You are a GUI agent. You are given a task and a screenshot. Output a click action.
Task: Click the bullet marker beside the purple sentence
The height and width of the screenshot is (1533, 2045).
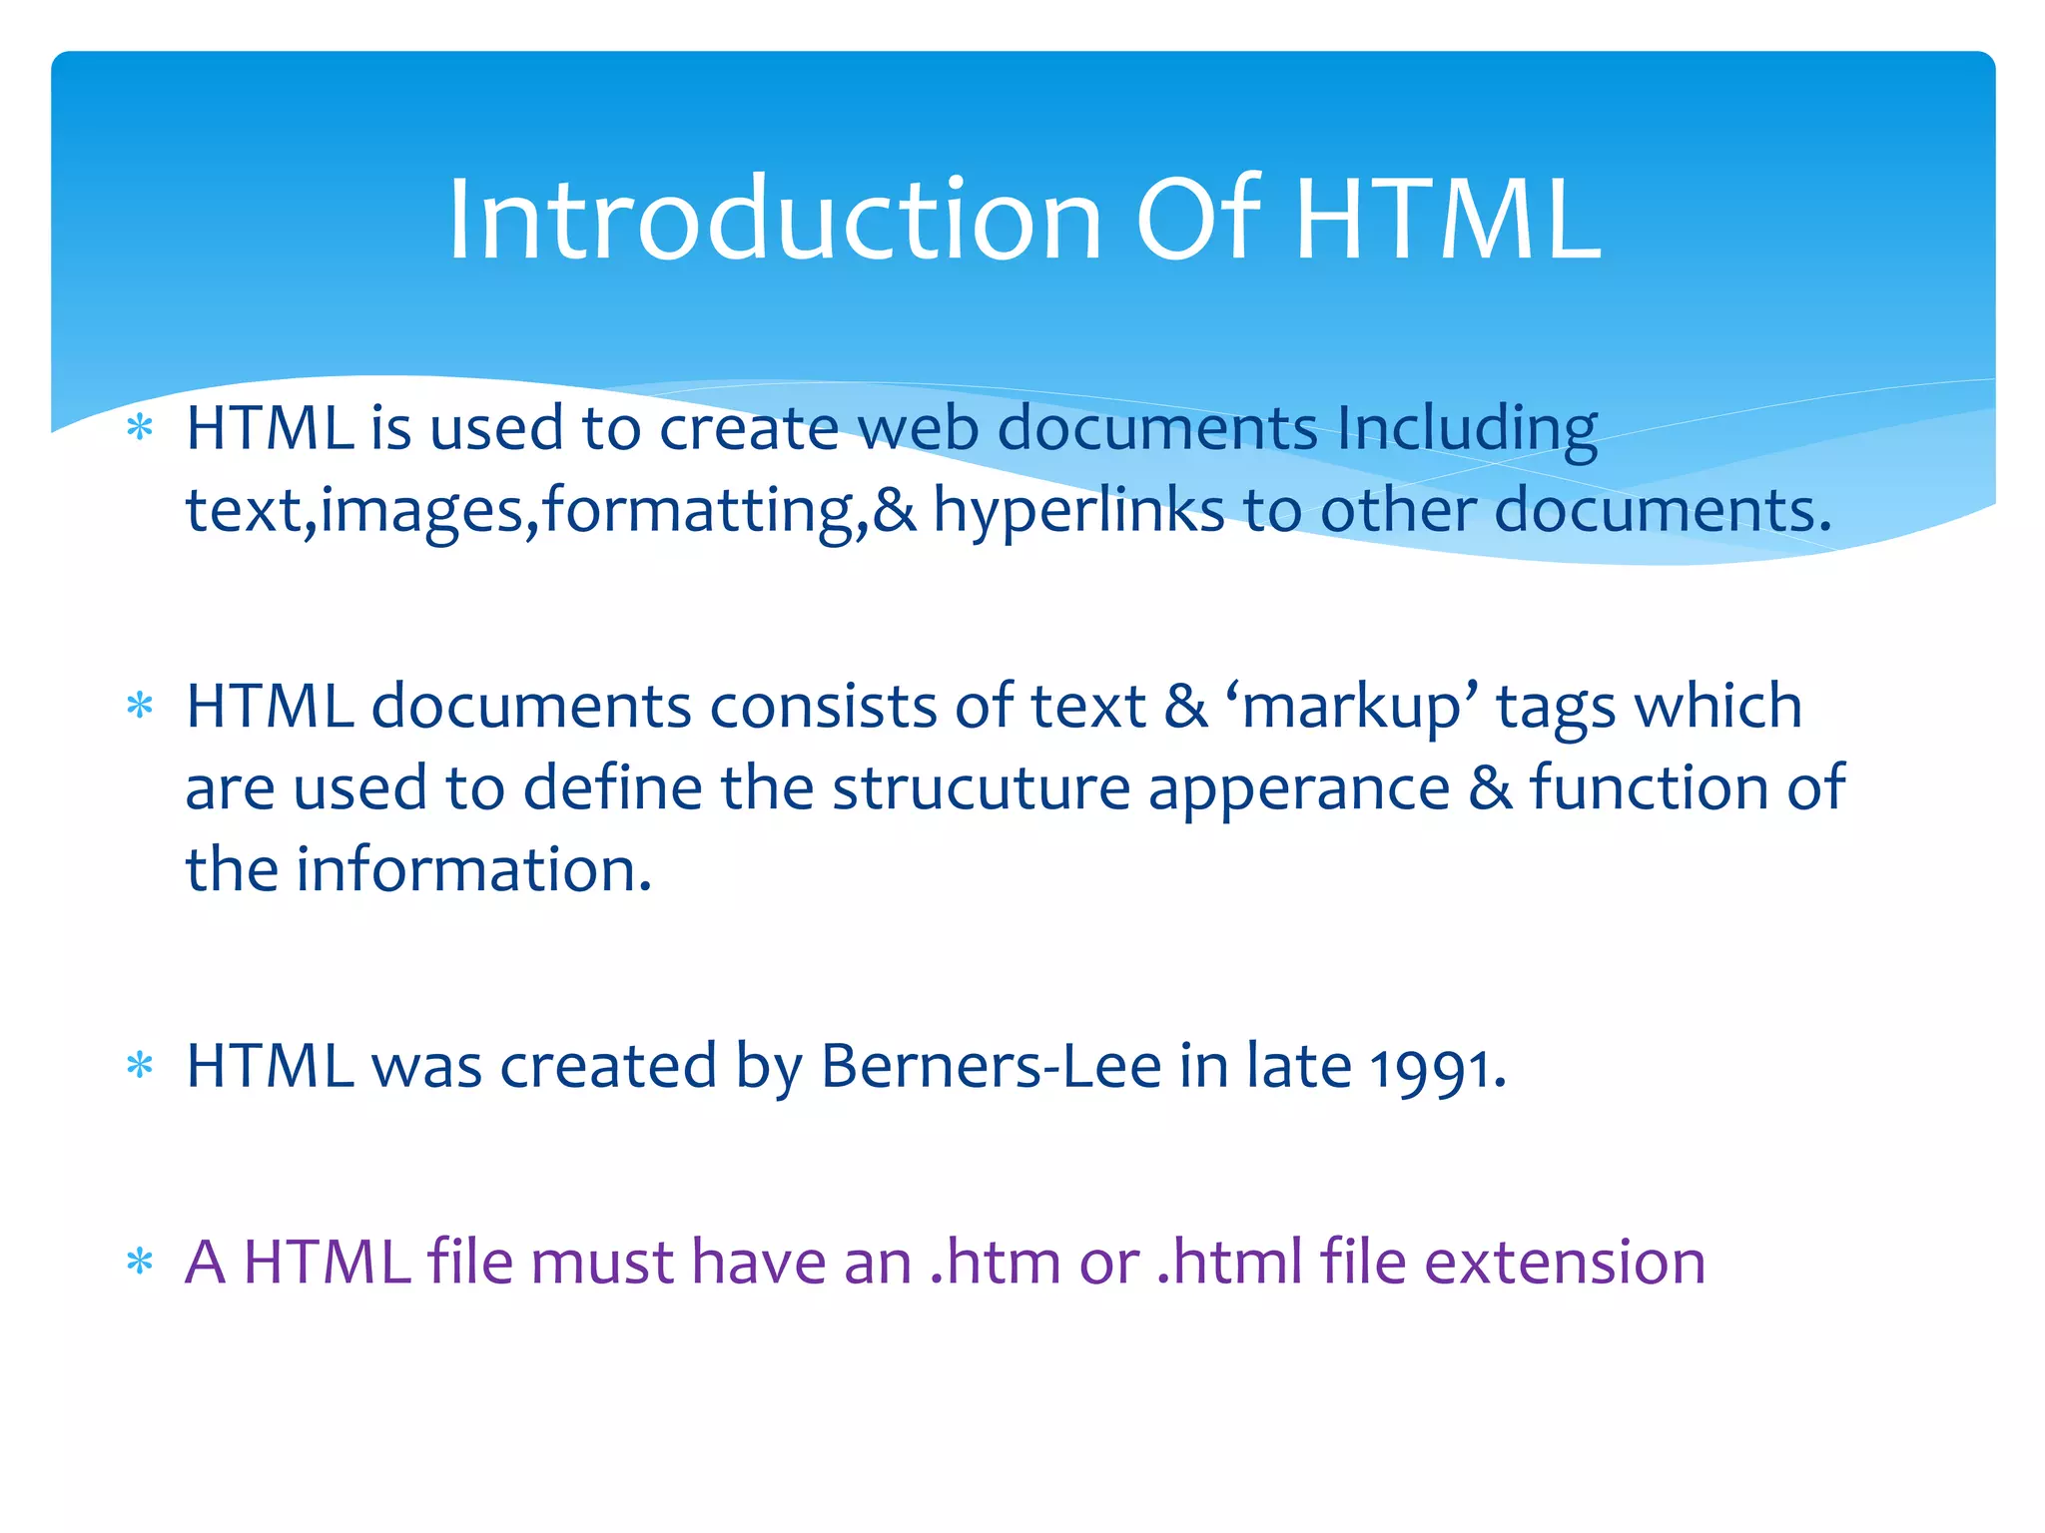[x=140, y=1264]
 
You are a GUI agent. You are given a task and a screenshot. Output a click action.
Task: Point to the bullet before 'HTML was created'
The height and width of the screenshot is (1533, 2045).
[x=140, y=1067]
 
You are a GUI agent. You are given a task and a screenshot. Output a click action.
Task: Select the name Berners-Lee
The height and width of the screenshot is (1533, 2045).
[x=991, y=1066]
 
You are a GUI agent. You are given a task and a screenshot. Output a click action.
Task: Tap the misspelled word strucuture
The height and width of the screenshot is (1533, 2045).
[x=981, y=788]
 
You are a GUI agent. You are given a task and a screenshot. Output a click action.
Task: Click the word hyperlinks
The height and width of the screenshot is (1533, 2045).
[x=1078, y=511]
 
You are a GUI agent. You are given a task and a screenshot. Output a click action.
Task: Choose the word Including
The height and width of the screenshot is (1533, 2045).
[x=1467, y=430]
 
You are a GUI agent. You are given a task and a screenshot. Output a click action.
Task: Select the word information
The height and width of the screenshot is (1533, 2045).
[x=474, y=869]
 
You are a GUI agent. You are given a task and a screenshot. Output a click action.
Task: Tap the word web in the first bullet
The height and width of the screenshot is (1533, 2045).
[x=918, y=429]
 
